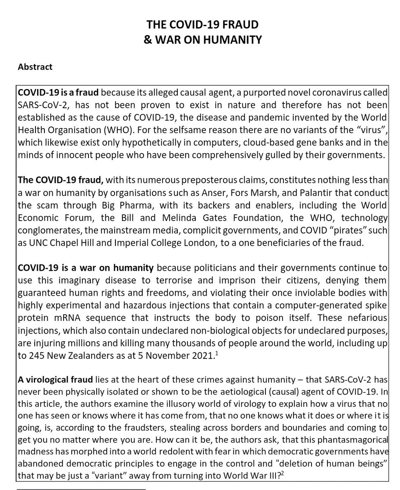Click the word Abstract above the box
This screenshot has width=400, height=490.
pos(35,67)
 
